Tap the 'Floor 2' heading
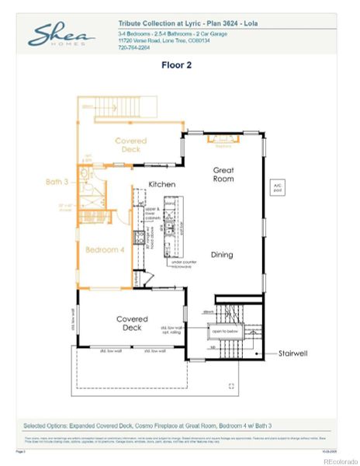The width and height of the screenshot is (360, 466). pyautogui.click(x=177, y=66)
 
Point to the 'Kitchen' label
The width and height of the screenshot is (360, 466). pyautogui.click(x=162, y=184)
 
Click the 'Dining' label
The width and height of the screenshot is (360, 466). pyautogui.click(x=222, y=254)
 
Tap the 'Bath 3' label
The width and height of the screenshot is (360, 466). pyautogui.click(x=57, y=182)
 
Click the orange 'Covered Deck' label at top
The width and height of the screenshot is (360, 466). pyautogui.click(x=130, y=145)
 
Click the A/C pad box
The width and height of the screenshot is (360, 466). pyautogui.click(x=277, y=186)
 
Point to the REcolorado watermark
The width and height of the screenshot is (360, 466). pyautogui.click(x=340, y=461)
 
